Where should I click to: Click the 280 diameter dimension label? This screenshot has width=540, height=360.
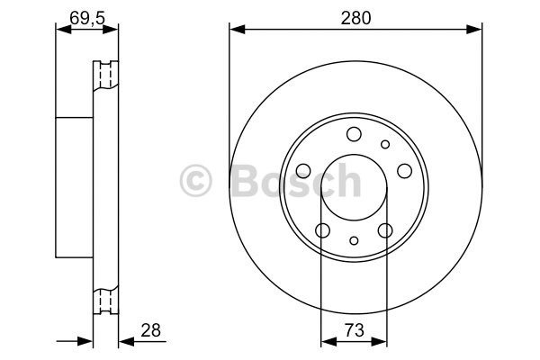[354, 16]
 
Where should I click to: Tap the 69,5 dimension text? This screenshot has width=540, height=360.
[86, 15]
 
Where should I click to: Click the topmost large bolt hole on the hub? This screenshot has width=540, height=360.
[354, 135]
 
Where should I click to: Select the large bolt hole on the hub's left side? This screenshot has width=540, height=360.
[303, 171]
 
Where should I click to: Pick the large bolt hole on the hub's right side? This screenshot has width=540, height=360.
[404, 171]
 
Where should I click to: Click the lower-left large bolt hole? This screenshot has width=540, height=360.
[322, 230]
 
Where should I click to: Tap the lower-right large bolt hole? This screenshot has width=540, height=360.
[385, 230]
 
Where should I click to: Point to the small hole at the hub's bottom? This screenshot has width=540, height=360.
[354, 240]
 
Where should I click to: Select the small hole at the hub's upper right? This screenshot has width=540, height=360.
[385, 144]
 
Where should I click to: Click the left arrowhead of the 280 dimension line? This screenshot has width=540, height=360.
[235, 30]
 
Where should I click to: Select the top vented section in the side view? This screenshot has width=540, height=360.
[106, 76]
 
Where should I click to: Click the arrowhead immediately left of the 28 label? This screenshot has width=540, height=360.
[125, 342]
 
